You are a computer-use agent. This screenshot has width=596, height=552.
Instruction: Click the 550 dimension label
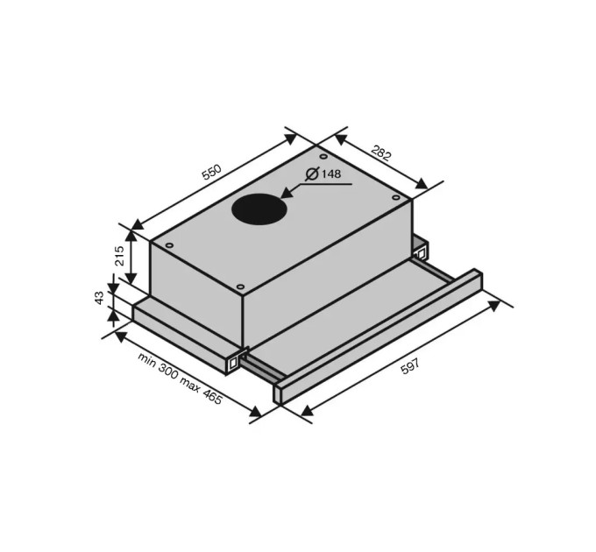point(211,172)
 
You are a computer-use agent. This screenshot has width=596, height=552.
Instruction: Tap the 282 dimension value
point(380,152)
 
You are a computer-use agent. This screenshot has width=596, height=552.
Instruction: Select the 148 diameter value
point(331,174)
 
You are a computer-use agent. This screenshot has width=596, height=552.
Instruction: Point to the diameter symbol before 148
point(312,173)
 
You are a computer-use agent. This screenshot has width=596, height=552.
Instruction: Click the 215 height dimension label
point(119,256)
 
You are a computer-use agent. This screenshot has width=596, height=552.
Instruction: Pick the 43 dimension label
point(99,297)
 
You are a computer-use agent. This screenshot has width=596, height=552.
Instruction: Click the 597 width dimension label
point(410,366)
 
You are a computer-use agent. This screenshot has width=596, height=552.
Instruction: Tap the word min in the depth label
point(147,359)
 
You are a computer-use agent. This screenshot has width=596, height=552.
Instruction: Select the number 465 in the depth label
point(211,397)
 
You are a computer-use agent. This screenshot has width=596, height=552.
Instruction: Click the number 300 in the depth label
point(167,372)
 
